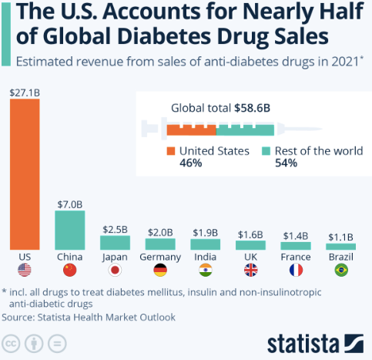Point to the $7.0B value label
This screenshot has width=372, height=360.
pyautogui.click(x=69, y=204)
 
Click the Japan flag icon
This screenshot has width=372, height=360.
pyautogui.click(x=115, y=270)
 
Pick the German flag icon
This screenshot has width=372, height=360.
pyautogui.click(x=160, y=270)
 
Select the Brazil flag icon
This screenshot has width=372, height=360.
pyautogui.click(x=340, y=270)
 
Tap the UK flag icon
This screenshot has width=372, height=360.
pyautogui.click(x=250, y=270)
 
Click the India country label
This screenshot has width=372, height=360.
pyautogui.click(x=205, y=256)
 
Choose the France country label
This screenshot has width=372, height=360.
pyautogui.click(x=296, y=256)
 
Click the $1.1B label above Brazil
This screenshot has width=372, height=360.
pyautogui.click(x=340, y=237)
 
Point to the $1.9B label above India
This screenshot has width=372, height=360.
pyautogui.click(x=205, y=232)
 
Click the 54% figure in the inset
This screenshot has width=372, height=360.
pyautogui.click(x=286, y=163)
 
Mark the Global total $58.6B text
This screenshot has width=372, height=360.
pyautogui.click(x=220, y=108)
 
